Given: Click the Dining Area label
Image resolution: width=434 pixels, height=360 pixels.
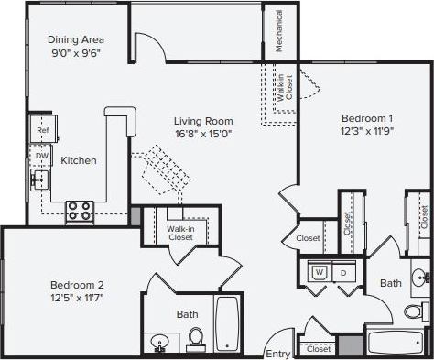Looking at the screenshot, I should tap(76, 39).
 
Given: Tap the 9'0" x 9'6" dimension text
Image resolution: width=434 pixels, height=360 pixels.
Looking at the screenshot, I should tap(76, 53).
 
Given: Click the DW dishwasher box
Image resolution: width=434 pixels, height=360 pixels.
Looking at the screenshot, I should tap(41, 156).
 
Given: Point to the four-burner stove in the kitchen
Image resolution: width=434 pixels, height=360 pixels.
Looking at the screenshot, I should tap(79, 211).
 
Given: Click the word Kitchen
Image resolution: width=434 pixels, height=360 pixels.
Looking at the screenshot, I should tap(79, 160).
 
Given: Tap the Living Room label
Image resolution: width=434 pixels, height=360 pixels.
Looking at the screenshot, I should tap(203, 121).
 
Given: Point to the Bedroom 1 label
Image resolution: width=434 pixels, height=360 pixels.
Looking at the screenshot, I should tap(367, 118).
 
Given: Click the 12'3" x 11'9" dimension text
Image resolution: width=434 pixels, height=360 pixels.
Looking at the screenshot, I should tap(367, 132).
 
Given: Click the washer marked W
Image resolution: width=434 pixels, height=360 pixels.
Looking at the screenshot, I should tap(320, 272).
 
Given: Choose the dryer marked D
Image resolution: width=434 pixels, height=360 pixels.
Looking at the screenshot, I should tap(344, 272).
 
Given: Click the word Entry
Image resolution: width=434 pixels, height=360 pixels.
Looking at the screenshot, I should tap(277, 353).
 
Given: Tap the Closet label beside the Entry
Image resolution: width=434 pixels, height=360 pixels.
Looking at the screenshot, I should tap(319, 349).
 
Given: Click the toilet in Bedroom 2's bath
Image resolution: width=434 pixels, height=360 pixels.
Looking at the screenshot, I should tap(194, 340).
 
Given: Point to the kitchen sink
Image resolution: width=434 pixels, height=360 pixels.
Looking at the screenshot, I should tap(38, 180).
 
